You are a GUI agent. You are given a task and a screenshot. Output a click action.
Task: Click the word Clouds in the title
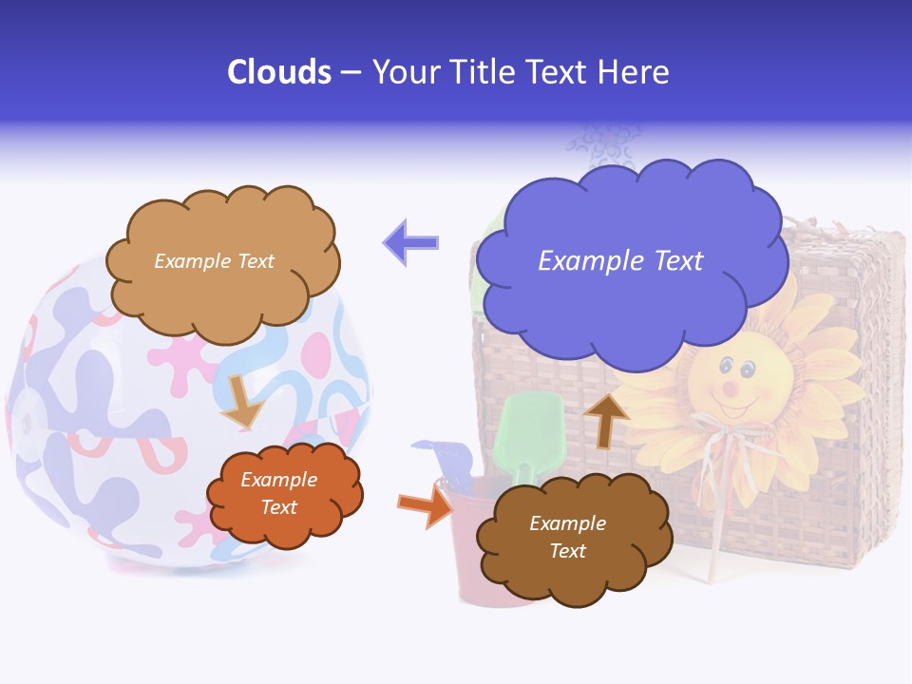tap(279, 72)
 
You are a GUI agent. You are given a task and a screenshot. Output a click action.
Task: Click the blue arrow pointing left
tap(410, 242)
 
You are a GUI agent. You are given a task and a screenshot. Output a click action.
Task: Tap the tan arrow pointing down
tap(241, 403)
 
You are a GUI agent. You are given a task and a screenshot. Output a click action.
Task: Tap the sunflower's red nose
tap(731, 389)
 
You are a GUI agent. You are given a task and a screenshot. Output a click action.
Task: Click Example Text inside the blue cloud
tap(620, 261)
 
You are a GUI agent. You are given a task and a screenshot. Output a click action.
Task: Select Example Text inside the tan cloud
tap(214, 261)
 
